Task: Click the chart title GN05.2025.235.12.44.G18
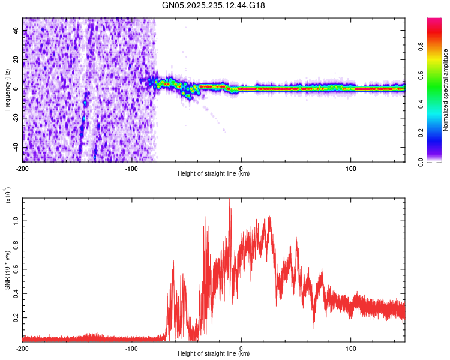pos(214,6)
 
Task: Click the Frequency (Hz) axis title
pos(7,90)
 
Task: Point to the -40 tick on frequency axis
pos(16,147)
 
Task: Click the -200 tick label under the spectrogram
pos(22,168)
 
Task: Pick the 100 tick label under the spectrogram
pos(350,168)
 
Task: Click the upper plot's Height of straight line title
pos(214,174)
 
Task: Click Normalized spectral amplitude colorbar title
pos(445,90)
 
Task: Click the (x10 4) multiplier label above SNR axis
pos(8,196)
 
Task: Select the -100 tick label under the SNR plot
pos(131,348)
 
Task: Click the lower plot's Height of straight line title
pos(214,354)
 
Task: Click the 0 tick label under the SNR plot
pos(241,348)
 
